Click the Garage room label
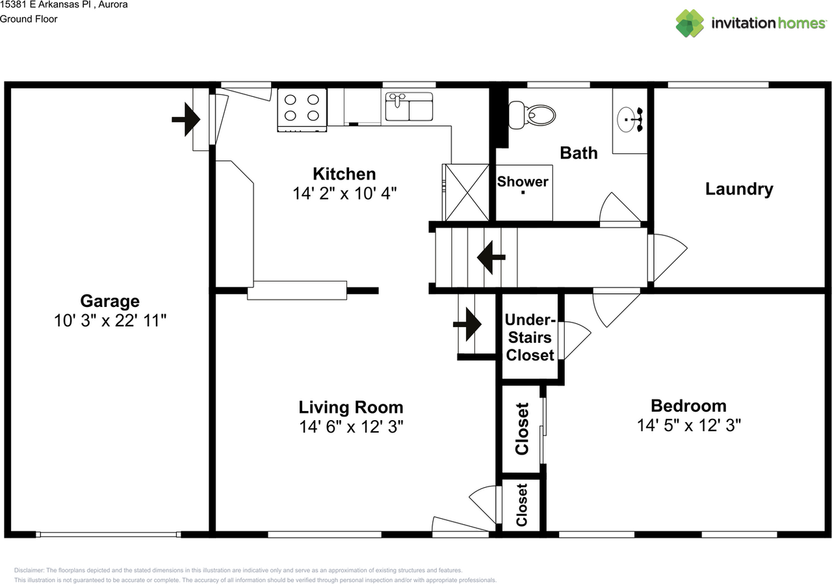click(110, 301)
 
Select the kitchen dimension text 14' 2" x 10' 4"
click(344, 194)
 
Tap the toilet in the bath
click(532, 115)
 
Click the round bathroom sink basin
click(626, 120)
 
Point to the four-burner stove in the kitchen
click(302, 110)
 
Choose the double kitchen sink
click(409, 107)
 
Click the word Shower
click(523, 181)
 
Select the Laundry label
click(739, 189)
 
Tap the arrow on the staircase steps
click(491, 257)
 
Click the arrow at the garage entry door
click(186, 120)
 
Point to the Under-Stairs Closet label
click(530, 338)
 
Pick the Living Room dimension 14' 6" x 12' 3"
click(352, 427)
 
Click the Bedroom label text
click(688, 406)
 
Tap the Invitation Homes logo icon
click(690, 23)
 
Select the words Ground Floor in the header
click(29, 19)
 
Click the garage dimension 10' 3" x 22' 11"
click(110, 321)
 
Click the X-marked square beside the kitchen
click(467, 192)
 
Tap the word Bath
click(578, 153)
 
